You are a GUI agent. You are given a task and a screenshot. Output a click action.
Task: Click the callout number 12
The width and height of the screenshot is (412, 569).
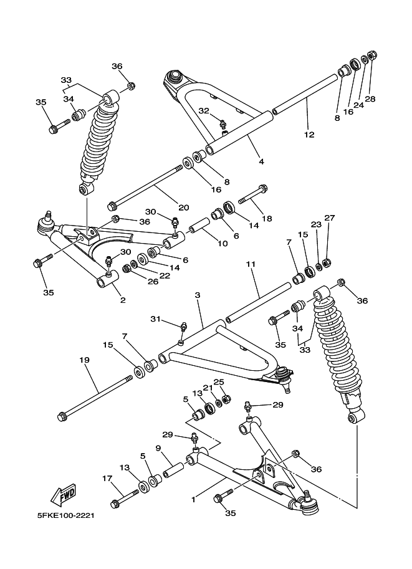click(310, 134)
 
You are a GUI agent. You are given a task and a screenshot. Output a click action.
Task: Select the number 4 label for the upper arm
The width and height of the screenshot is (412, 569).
click(261, 161)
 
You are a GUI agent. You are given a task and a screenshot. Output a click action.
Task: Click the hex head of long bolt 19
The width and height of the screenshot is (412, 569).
click(62, 416)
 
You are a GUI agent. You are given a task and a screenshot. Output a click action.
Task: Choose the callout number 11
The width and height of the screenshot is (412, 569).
click(251, 265)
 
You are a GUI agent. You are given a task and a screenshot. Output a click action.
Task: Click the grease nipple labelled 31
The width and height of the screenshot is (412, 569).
click(183, 326)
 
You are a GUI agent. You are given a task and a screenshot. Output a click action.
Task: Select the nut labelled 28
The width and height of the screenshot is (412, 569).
click(371, 57)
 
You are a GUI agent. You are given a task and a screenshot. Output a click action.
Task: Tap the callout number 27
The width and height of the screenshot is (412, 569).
click(330, 218)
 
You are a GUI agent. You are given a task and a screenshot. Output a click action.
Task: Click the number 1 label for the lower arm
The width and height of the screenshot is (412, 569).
click(193, 499)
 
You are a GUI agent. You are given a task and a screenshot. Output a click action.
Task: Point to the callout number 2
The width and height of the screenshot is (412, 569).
click(123, 300)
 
